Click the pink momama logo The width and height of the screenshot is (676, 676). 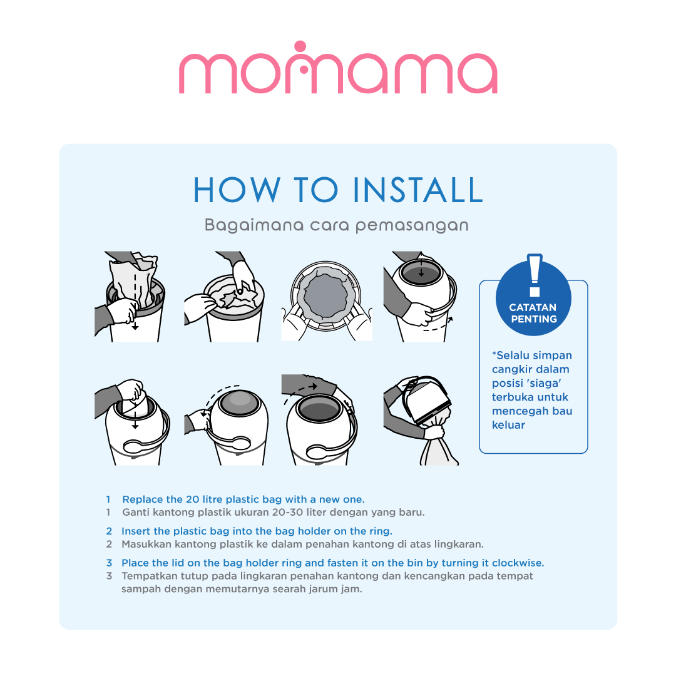point(338,68)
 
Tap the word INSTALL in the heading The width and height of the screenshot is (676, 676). point(417,190)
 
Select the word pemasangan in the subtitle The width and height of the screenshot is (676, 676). point(412,226)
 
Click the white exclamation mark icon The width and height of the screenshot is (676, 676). point(535,275)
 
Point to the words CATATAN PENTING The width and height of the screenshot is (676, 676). point(533,313)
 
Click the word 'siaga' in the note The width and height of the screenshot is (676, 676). point(544,383)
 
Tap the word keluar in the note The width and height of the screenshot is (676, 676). point(508,424)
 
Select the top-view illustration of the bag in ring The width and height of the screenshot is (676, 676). point(326,297)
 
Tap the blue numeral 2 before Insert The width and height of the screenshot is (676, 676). point(109,531)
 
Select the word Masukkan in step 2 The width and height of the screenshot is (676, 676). point(141,544)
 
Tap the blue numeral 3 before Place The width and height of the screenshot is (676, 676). point(109,563)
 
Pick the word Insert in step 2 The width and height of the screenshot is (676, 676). point(135,531)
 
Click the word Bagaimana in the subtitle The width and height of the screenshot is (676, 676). point(254,225)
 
